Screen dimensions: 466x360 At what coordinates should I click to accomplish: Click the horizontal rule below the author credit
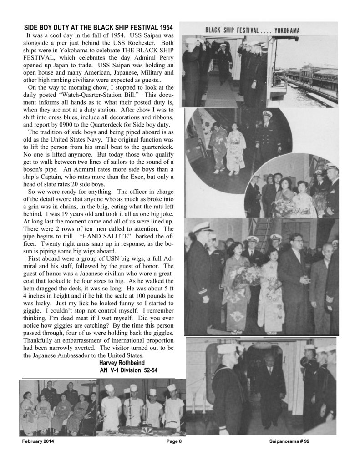pos(98,378)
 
